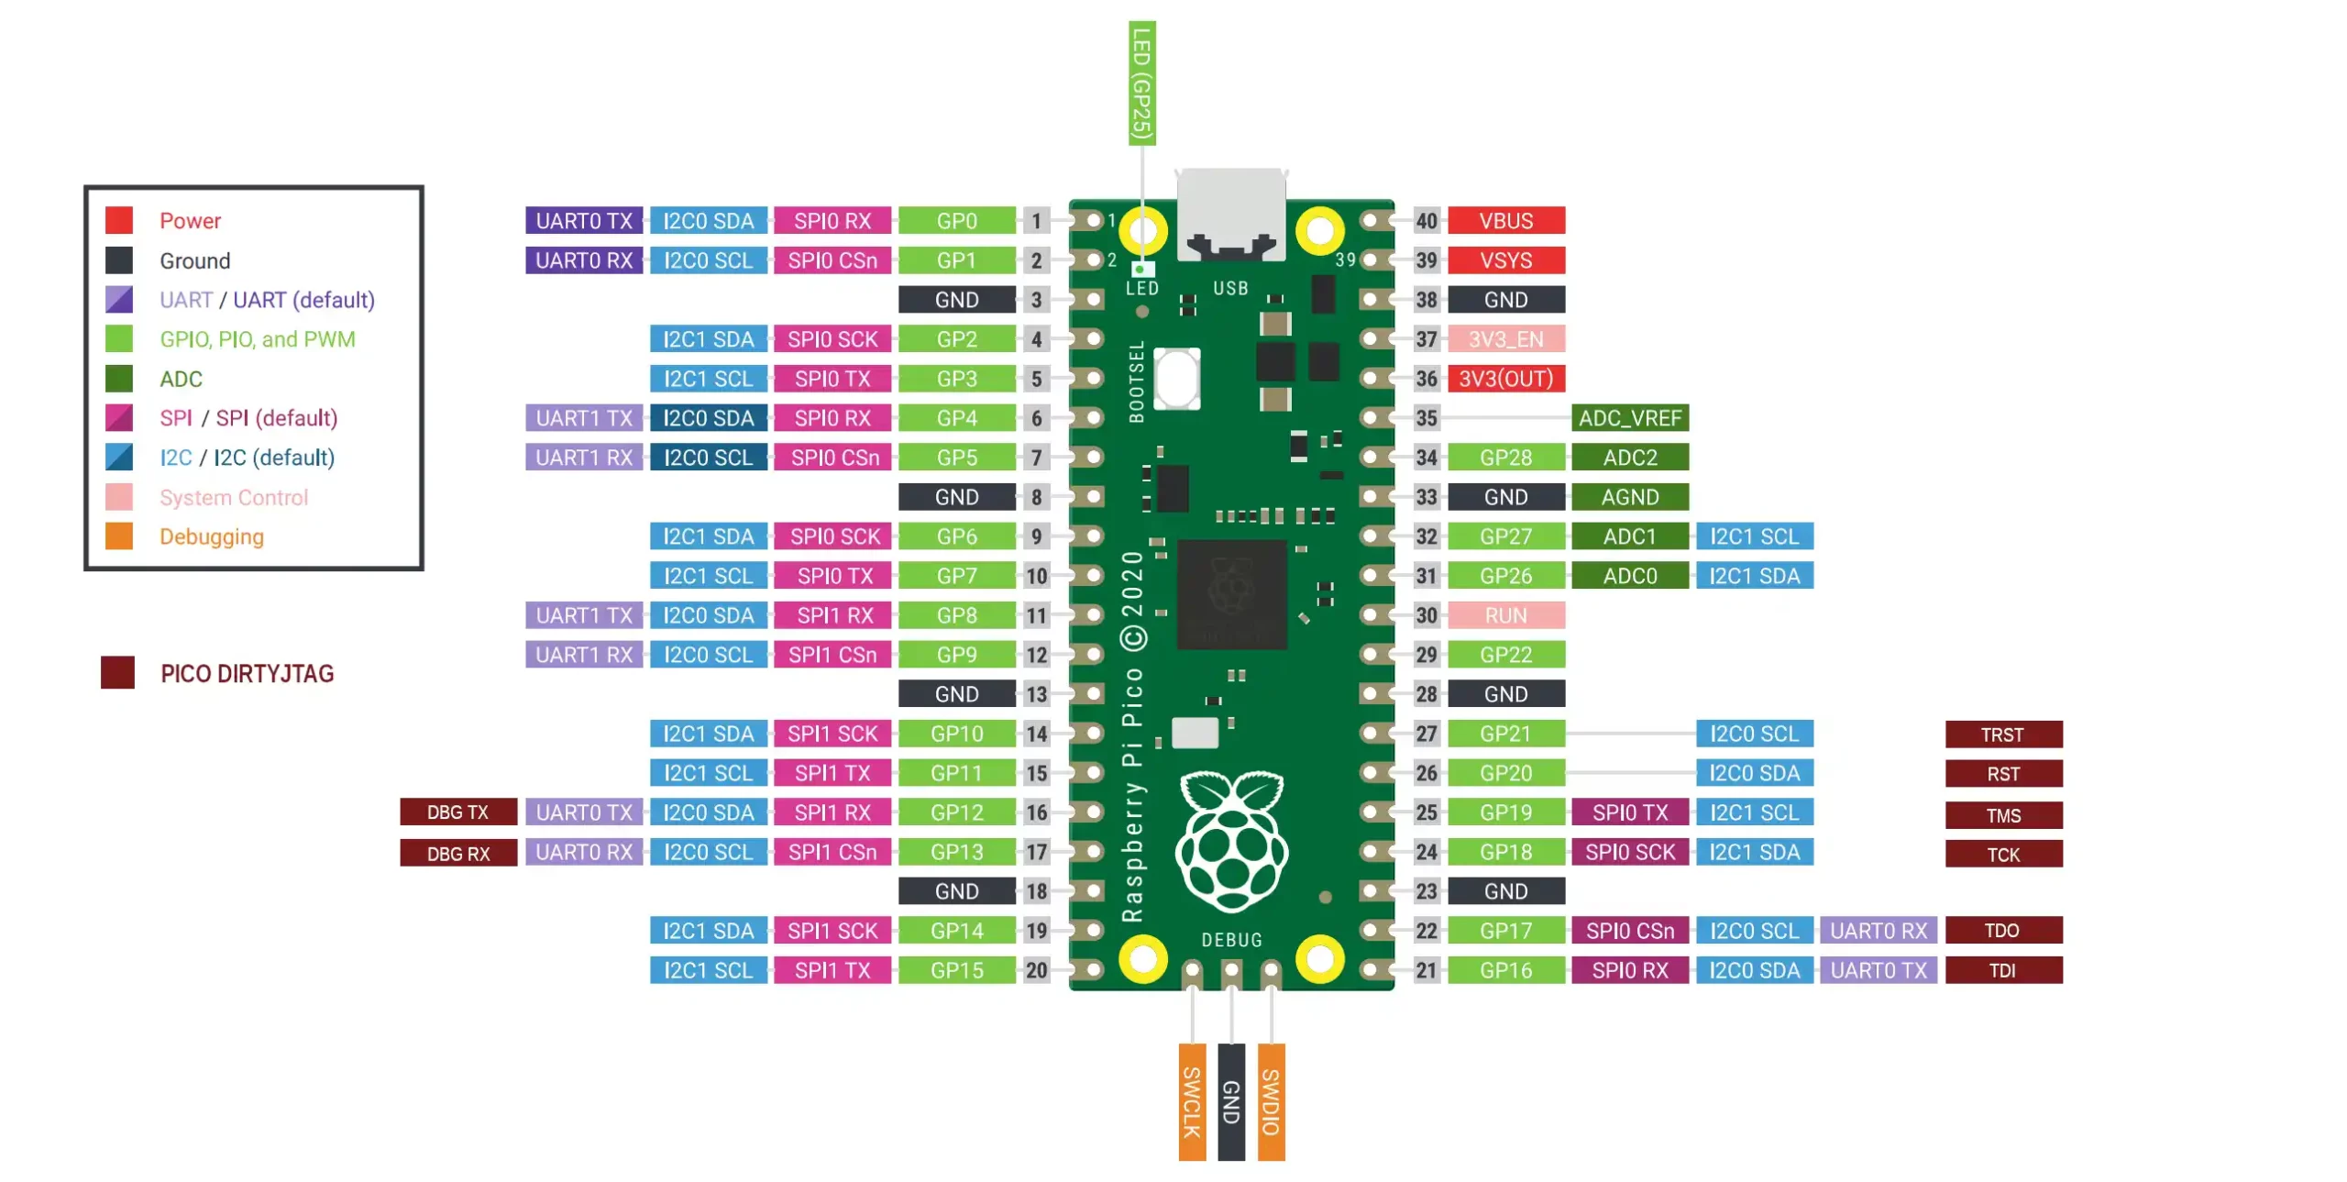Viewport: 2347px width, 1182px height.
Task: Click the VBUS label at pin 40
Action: click(1504, 220)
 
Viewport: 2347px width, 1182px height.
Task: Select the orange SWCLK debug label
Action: click(1191, 1100)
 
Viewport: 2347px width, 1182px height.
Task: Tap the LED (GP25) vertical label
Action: click(1141, 83)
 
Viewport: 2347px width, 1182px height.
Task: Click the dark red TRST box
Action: click(2002, 734)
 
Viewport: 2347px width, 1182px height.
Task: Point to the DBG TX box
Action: click(457, 812)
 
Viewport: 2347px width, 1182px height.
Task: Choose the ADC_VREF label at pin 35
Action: click(1629, 417)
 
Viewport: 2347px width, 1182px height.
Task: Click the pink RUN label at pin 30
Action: click(1504, 614)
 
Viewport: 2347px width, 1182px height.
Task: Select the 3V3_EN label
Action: click(1504, 338)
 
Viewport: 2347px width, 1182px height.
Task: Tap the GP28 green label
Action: click(1504, 457)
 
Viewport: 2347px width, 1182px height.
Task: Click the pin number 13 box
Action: click(1036, 693)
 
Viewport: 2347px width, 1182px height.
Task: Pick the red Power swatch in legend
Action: click(119, 220)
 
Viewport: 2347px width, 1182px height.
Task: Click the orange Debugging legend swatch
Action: click(119, 536)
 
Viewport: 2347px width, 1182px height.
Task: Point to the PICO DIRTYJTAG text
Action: click(247, 673)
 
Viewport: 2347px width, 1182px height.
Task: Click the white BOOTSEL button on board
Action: click(1175, 378)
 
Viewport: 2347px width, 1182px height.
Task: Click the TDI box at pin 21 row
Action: click(2002, 969)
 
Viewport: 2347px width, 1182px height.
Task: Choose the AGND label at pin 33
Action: click(1629, 496)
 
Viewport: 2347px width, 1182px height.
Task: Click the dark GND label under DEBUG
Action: click(1230, 1100)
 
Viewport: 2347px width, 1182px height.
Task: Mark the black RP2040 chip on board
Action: click(1230, 593)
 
